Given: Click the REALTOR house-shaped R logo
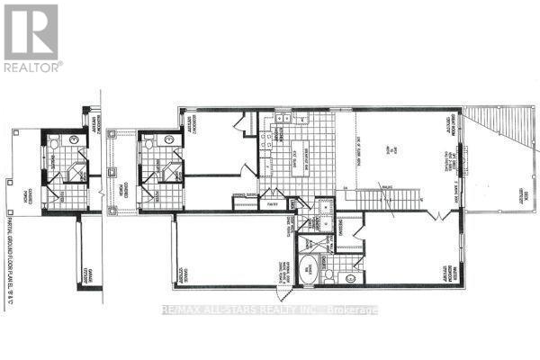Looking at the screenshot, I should tap(30, 31).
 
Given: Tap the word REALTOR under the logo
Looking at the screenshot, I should tap(33, 66).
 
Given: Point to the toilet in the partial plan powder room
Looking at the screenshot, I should tap(54, 141).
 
